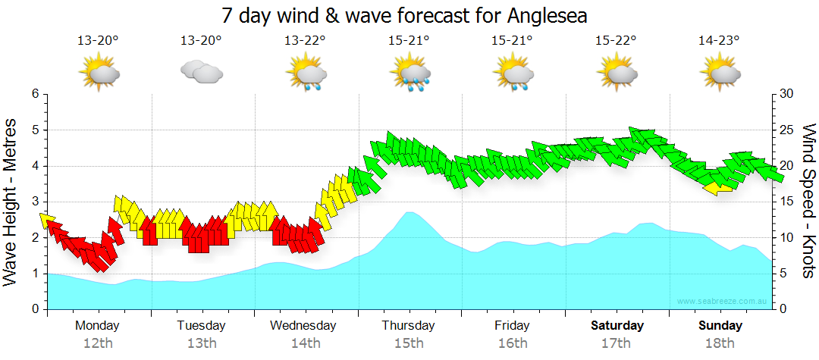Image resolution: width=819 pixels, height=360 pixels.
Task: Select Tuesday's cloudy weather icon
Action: pos(202,73)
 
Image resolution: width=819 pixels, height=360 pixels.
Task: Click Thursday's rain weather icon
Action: pos(409,74)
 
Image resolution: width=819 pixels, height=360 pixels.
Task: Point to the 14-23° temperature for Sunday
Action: pos(719,41)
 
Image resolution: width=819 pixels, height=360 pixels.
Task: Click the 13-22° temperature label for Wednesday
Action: pos(305,41)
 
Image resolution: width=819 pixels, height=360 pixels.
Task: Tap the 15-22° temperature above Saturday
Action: pos(616,41)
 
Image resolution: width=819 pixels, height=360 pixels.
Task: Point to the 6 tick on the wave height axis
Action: pos(34,94)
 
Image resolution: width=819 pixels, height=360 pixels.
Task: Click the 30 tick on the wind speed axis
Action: pos(786,94)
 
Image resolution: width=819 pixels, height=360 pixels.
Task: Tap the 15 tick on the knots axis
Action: pos(786,202)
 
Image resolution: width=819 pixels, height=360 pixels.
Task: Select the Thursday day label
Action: pos(409,326)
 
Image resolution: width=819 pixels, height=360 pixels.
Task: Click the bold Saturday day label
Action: pos(617,326)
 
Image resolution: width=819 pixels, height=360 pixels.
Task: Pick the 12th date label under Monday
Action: pos(98,343)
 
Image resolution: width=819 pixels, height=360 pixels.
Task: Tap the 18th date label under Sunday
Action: pos(720,343)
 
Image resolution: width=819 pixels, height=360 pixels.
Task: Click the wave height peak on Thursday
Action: pos(409,213)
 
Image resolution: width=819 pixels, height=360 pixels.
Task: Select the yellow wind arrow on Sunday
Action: pos(718,186)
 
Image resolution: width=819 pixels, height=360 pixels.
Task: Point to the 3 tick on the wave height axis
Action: pos(34,202)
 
